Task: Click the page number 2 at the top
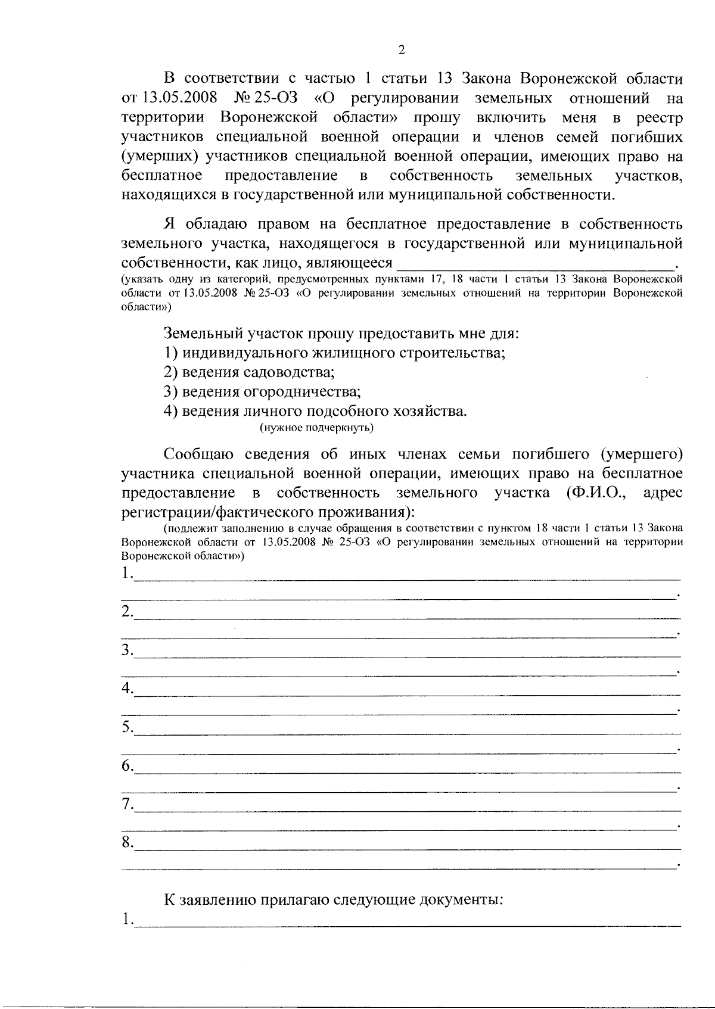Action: [x=401, y=49]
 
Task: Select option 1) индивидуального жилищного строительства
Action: [x=335, y=353]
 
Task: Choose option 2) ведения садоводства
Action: [x=249, y=372]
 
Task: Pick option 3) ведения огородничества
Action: [x=263, y=392]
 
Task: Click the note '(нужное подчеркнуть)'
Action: [x=316, y=428]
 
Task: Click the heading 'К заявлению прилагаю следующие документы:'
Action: [x=334, y=899]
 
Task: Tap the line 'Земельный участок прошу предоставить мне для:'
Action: [x=341, y=333]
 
